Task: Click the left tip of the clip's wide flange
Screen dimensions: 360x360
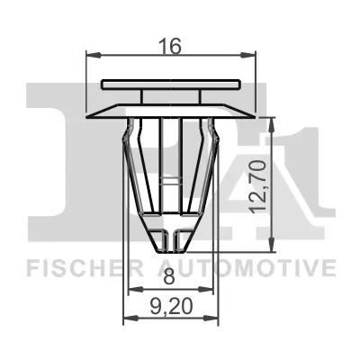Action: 88,114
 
